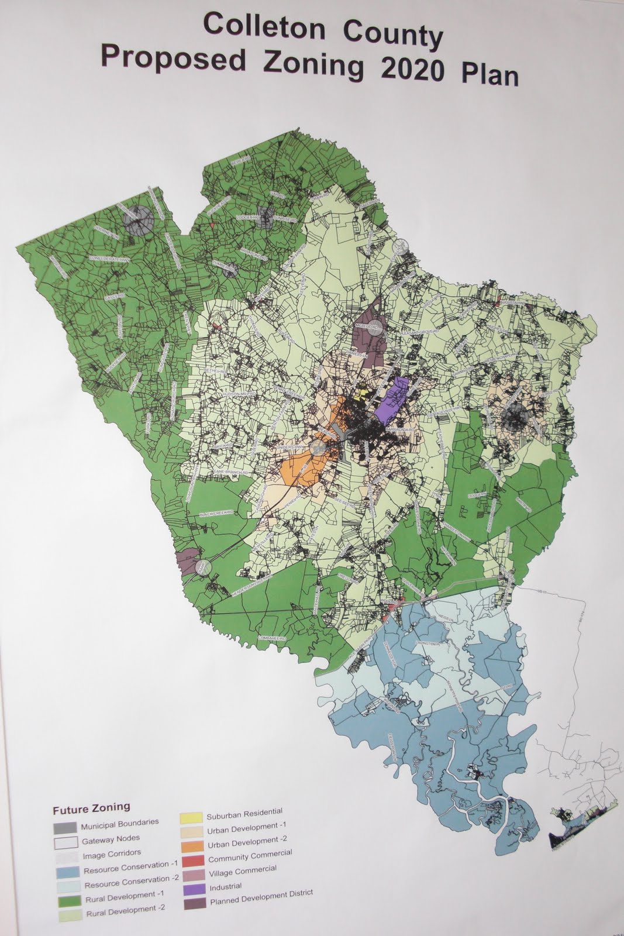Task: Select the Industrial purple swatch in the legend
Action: pos(194,887)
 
